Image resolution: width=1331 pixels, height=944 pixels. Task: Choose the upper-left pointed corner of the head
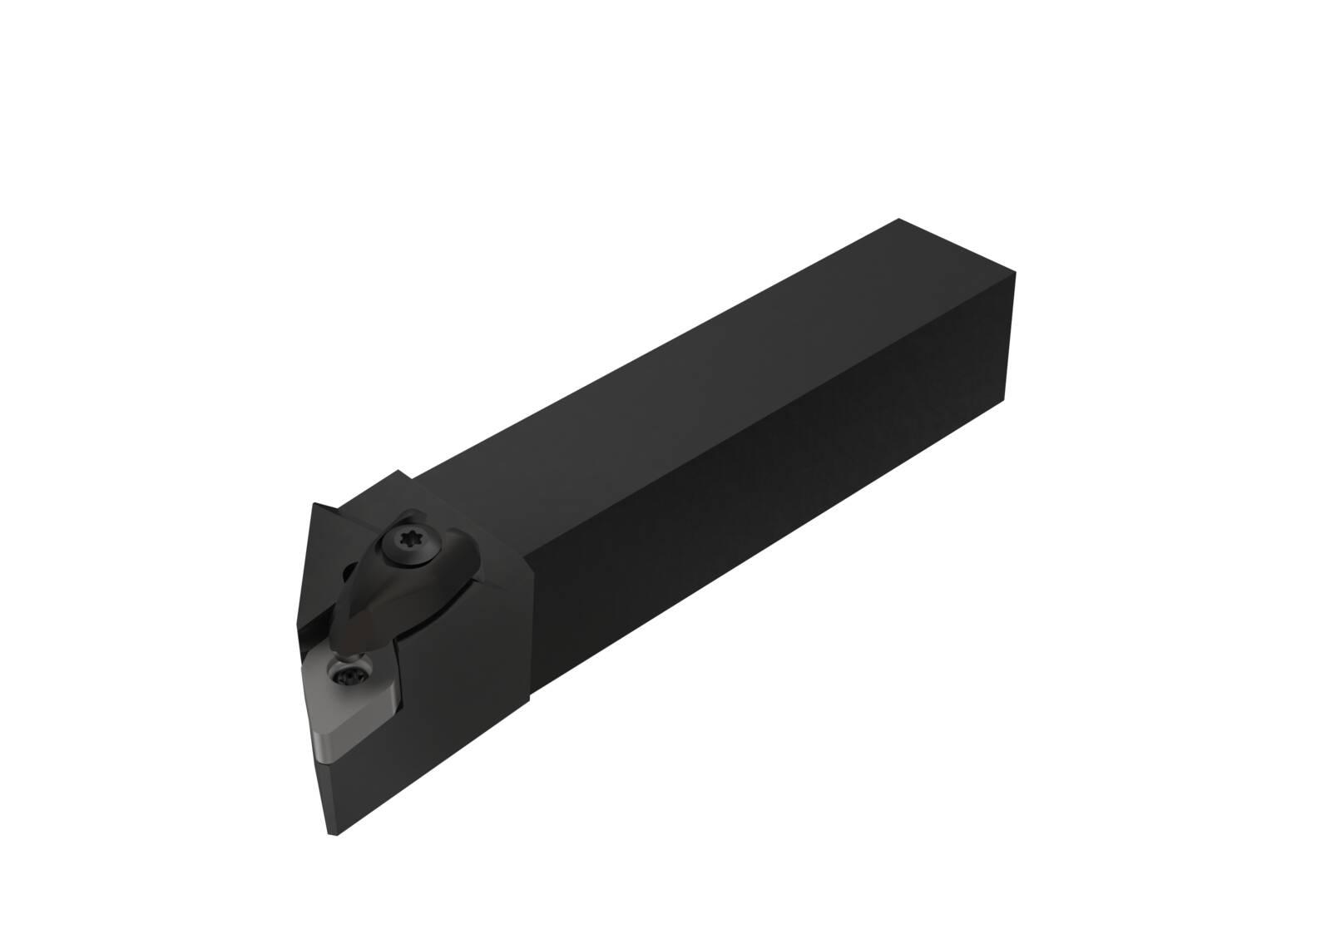(x=315, y=503)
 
